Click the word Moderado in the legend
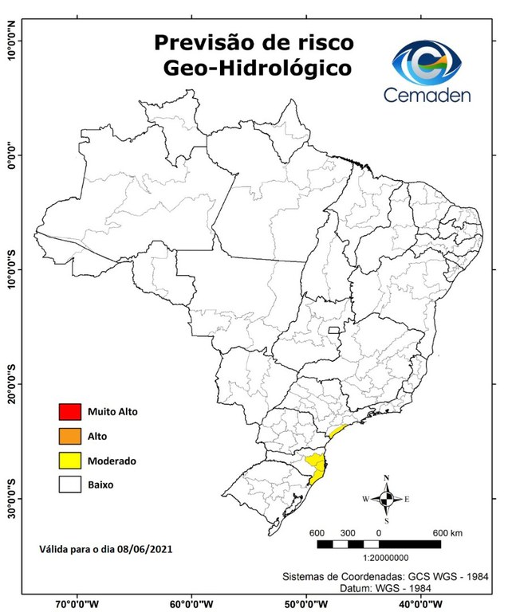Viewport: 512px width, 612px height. click(112, 461)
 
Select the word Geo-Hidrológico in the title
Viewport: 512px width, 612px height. click(256, 69)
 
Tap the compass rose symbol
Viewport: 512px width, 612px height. click(386, 499)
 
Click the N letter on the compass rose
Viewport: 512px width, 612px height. click(387, 478)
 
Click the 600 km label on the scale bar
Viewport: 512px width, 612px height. click(445, 532)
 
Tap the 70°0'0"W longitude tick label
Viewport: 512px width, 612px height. click(77, 603)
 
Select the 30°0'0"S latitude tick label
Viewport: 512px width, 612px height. click(11, 498)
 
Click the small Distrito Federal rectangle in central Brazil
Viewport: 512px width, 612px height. click(333, 328)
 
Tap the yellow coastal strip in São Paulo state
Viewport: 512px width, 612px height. click(337, 431)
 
